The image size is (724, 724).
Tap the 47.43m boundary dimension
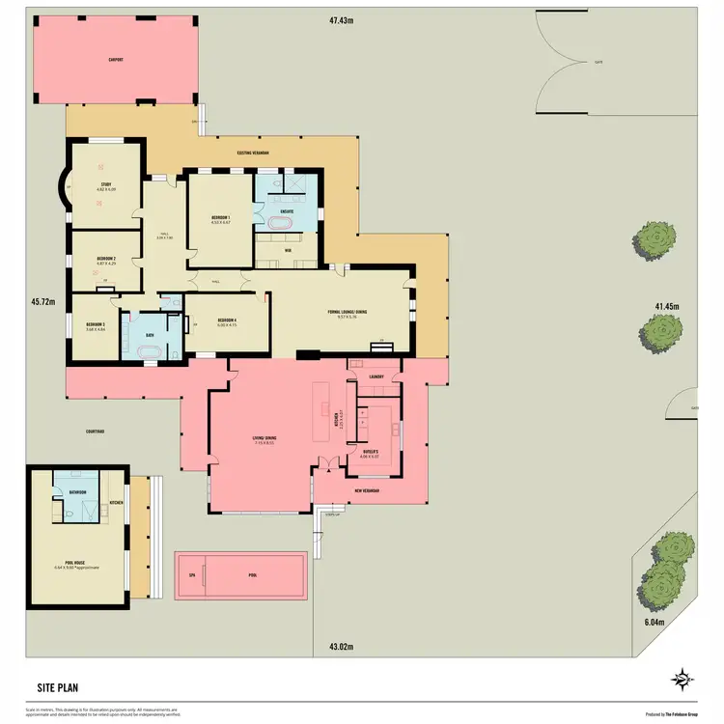click(342, 19)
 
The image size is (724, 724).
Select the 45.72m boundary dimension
click(42, 301)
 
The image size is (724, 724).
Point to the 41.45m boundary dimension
click(668, 306)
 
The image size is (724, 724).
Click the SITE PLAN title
click(58, 688)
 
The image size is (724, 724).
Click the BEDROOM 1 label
click(221, 219)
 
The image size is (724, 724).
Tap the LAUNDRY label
click(377, 376)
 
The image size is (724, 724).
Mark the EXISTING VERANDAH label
click(253, 153)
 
